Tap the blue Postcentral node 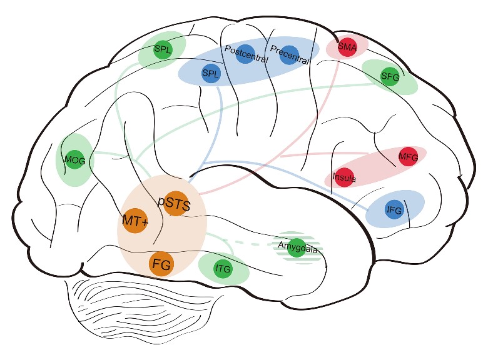[247, 52]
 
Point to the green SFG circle [390, 76]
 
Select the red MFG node [407, 156]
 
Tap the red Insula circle [345, 177]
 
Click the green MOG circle [74, 160]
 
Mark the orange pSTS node [177, 202]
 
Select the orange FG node [161, 264]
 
